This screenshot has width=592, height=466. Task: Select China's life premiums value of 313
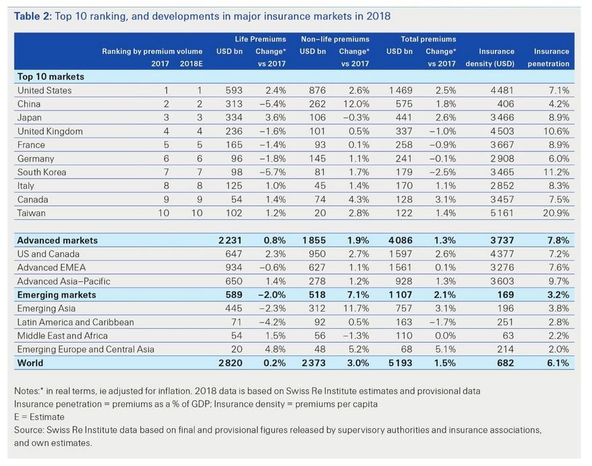(x=233, y=104)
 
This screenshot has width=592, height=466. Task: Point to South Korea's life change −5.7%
(x=273, y=172)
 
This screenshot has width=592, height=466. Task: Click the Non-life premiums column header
(x=334, y=39)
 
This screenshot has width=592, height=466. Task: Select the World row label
(x=30, y=363)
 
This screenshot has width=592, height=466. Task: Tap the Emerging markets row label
(x=57, y=295)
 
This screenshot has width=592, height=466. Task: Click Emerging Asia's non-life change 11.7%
(x=355, y=308)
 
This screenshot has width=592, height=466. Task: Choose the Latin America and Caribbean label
(x=76, y=322)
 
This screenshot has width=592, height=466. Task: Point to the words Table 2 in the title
(x=32, y=16)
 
